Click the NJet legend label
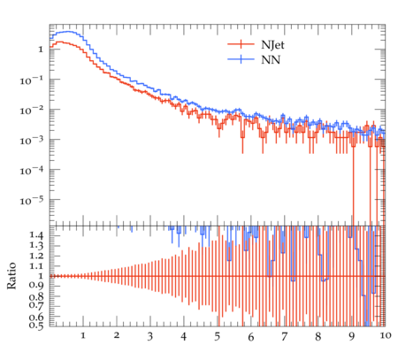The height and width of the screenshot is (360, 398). tap(272, 45)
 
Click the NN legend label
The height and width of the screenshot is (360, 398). tap(271, 60)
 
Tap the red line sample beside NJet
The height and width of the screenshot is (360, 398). tap(241, 44)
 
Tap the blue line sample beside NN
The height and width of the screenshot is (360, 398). tap(241, 59)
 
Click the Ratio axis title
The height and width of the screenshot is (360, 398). tap(11, 276)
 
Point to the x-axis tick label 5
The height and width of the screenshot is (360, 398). tap(218, 336)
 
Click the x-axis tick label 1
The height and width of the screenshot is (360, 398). tap(83, 335)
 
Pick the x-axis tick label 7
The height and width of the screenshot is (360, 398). tap(284, 336)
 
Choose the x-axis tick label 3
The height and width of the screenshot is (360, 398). tap(150, 336)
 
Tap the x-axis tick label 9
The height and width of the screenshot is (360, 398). tap(351, 336)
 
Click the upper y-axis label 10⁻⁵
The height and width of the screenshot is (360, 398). tap(32, 201)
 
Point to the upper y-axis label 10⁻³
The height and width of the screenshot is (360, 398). tap(32, 141)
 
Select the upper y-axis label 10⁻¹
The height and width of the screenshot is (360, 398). tap(32, 80)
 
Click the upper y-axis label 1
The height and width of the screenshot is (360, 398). tap(41, 50)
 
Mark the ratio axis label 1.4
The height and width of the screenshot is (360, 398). tap(36, 235)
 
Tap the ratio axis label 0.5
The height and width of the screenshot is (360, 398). tap(36, 326)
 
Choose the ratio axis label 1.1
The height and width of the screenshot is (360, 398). tap(36, 266)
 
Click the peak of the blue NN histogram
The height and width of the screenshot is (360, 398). tap(68, 32)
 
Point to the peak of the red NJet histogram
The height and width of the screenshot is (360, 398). tap(60, 42)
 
